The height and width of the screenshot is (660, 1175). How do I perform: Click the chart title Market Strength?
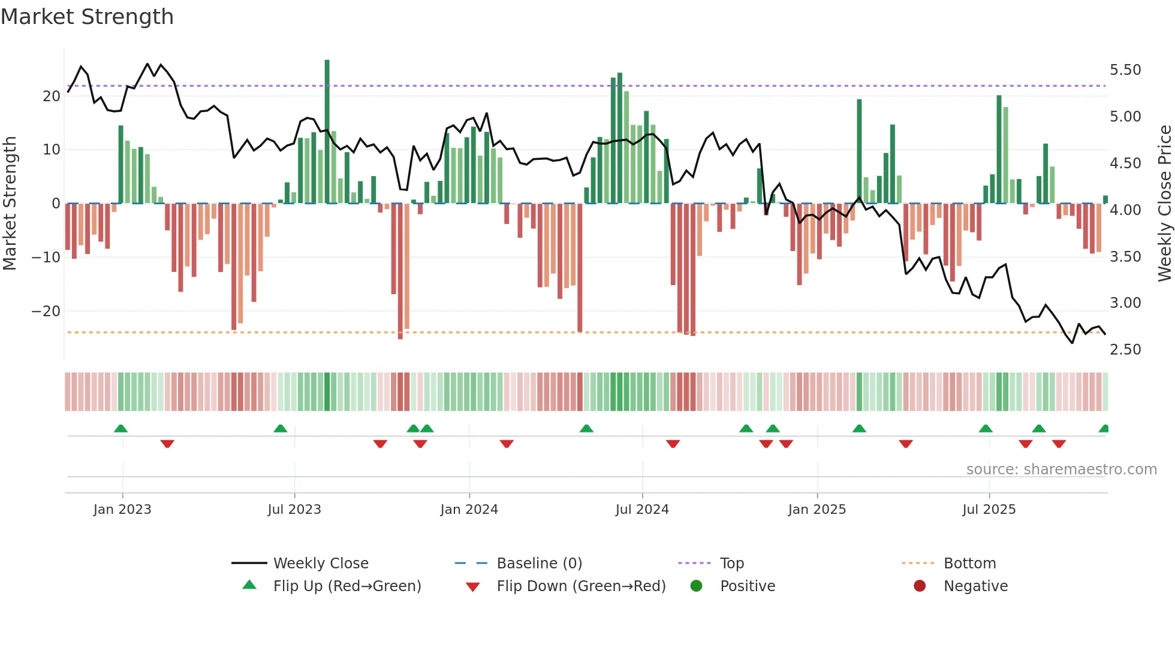87,17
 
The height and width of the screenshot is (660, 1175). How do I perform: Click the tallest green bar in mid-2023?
327,132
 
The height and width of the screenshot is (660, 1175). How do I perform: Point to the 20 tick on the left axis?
52,96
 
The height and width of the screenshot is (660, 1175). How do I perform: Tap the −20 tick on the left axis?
46,311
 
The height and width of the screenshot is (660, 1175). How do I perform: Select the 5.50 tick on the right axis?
1125,70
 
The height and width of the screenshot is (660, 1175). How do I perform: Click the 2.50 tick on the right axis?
1125,350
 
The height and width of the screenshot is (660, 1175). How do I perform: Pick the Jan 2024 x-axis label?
469,510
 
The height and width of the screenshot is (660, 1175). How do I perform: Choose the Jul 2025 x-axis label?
989,510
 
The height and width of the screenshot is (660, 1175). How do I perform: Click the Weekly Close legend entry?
321,564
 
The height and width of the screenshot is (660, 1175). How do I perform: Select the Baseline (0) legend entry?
539,564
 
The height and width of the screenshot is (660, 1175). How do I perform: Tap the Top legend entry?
731,564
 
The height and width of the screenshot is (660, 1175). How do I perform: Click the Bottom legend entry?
969,564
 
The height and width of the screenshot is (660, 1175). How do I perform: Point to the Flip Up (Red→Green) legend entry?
347,586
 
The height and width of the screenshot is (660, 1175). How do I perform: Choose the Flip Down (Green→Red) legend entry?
581,586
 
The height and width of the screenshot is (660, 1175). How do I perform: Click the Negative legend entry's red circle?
920,586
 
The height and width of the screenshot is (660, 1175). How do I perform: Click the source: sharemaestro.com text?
1061,470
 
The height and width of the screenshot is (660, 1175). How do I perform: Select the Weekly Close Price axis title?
1164,204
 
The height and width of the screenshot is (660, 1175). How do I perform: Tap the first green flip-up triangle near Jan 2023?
120,428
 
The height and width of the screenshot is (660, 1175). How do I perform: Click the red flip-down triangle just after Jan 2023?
167,444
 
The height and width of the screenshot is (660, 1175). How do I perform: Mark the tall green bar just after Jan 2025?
859,151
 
